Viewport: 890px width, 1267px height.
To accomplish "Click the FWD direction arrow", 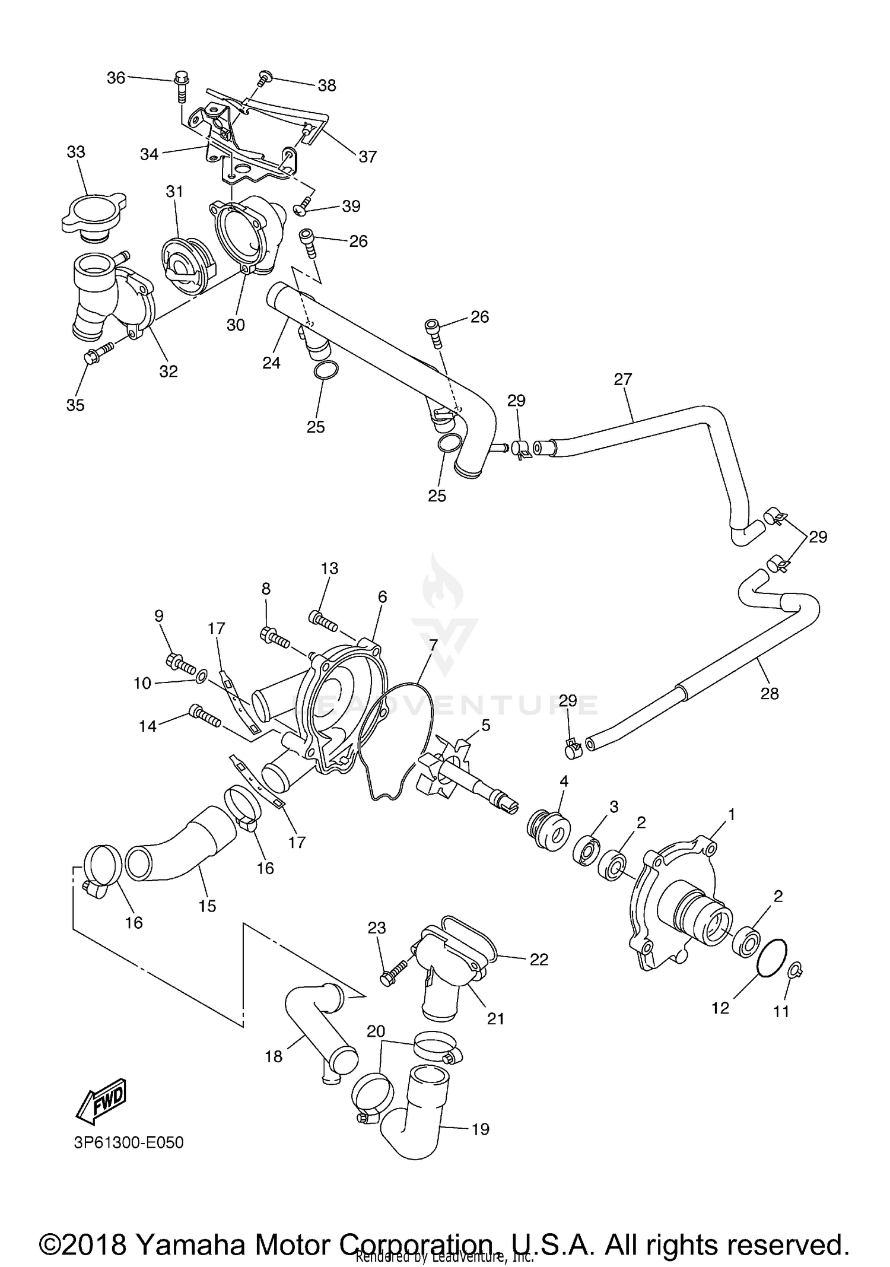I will tap(101, 1100).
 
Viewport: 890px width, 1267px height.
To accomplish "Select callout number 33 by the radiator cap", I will tap(76, 152).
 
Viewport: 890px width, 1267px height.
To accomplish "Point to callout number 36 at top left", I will tap(116, 78).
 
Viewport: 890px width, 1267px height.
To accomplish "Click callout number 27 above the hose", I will tap(623, 379).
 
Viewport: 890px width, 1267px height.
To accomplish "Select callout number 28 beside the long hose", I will tap(770, 693).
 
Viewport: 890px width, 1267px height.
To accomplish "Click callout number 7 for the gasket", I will tap(433, 646).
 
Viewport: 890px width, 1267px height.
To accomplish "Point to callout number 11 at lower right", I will tap(781, 1011).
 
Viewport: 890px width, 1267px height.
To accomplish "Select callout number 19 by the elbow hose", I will tap(480, 1129).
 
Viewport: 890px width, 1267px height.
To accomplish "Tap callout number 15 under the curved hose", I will tap(207, 906).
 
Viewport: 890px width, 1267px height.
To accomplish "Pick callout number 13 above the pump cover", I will tap(329, 568).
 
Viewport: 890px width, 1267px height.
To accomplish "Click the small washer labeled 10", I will tap(202, 675).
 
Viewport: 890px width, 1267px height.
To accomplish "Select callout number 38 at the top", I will tap(327, 85).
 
